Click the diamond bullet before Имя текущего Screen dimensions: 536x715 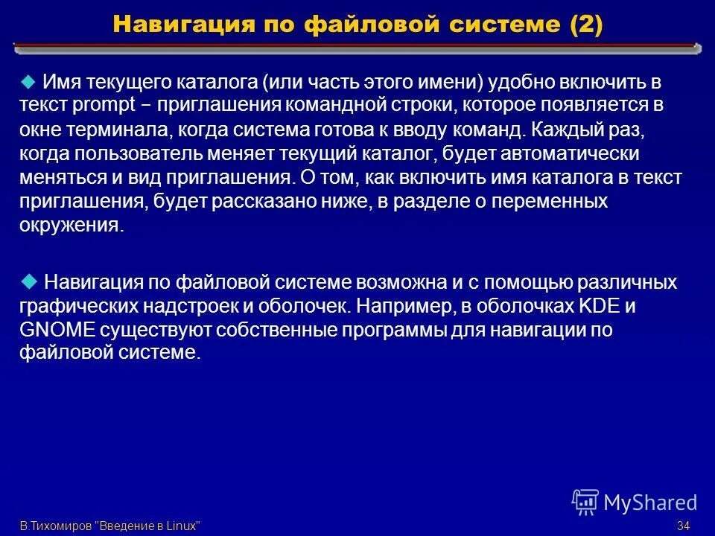[28, 81]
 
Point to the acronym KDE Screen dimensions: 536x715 [600, 306]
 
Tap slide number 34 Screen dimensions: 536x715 [683, 526]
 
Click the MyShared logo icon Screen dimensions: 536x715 [585, 502]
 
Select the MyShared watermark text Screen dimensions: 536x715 [650, 503]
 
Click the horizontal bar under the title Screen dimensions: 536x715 [357, 48]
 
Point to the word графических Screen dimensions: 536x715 [73, 306]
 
